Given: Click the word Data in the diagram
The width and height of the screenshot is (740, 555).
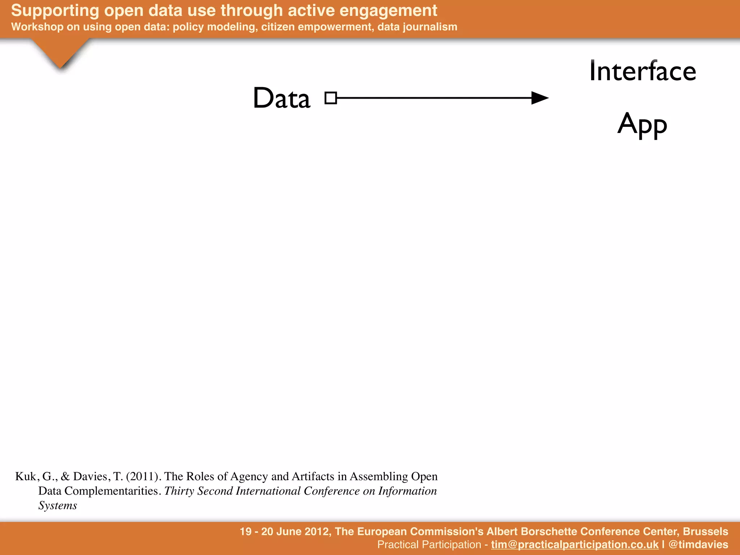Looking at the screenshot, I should point(281,98).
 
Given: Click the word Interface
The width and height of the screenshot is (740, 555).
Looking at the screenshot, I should point(642,71).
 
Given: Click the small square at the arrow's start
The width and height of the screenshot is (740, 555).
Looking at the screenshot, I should point(331,98).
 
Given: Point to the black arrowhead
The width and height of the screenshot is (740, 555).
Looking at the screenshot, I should point(540,98).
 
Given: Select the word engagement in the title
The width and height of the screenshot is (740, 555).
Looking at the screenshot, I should point(388,11).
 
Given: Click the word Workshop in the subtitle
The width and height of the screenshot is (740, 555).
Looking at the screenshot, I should point(37,27).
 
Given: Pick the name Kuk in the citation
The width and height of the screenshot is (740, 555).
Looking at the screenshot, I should point(26,477).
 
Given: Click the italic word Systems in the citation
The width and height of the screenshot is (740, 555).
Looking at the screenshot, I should point(58,505).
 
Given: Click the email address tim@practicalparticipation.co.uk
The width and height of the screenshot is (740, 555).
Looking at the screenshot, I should point(575,545).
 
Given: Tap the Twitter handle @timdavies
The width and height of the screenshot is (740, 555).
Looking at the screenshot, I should point(698,545).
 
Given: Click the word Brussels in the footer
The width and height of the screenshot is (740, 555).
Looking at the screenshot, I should point(705,532).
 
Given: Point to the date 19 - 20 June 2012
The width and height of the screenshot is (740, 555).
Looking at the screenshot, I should point(285,532).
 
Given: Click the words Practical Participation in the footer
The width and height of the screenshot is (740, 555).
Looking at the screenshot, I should point(429,545).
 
